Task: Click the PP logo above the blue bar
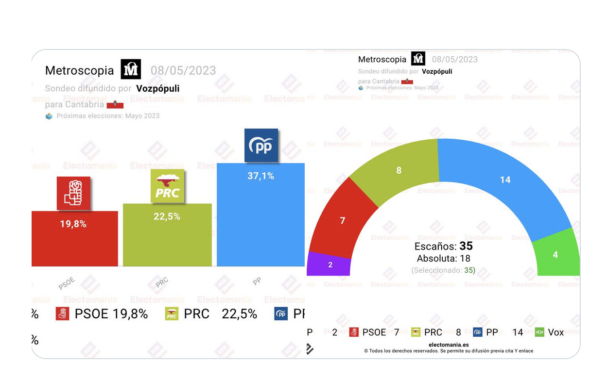pos(261,146)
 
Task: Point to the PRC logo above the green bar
pos(167,186)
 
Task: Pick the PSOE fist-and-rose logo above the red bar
pos(73,193)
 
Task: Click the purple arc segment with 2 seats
pos(330,264)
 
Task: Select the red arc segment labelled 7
pos(342,220)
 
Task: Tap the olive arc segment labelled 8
pos(399,170)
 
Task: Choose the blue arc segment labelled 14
pos(505,180)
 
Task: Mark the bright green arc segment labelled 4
pos(555,254)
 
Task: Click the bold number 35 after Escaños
pos(466,246)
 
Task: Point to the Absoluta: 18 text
pos(443,259)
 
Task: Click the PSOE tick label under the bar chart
pos(67,283)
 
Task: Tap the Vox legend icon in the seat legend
pos(539,332)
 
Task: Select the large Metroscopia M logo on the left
pos(131,70)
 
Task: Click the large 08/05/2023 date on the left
pos(183,70)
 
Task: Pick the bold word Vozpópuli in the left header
pos(158,88)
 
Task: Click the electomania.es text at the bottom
pos(449,345)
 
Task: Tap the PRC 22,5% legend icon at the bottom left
pos(172,314)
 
